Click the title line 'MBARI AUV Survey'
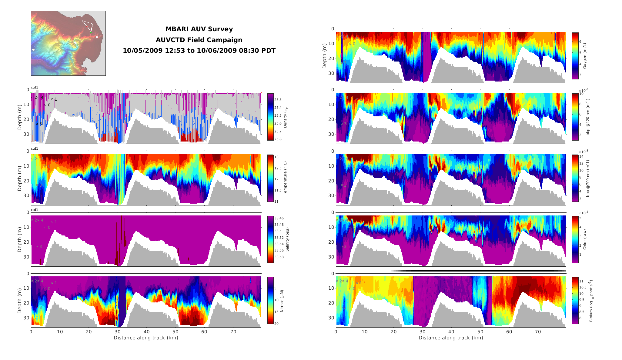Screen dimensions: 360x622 coord(199,29)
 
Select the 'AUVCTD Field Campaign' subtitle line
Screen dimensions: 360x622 coord(199,40)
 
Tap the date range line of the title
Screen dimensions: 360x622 coord(199,51)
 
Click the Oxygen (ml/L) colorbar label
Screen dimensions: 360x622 coord(585,56)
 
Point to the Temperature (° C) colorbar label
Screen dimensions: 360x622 coord(285,178)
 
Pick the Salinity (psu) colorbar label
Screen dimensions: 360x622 coord(287,239)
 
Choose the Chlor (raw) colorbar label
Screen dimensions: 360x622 coord(585,239)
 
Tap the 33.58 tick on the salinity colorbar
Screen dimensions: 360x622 coord(279,257)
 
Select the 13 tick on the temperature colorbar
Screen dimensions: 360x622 coord(276,157)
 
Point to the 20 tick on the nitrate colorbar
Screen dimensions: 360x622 coord(276,324)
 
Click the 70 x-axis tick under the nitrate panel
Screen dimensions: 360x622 coord(233,332)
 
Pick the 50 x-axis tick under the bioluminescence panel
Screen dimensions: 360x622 coord(480,332)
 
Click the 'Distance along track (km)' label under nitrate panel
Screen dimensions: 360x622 coord(146,338)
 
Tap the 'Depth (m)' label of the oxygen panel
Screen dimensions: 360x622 coord(325,56)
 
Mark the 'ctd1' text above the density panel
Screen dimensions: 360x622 coord(35,88)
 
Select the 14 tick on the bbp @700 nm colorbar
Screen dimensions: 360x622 coord(581,157)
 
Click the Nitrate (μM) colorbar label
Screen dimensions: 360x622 coord(282,301)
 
